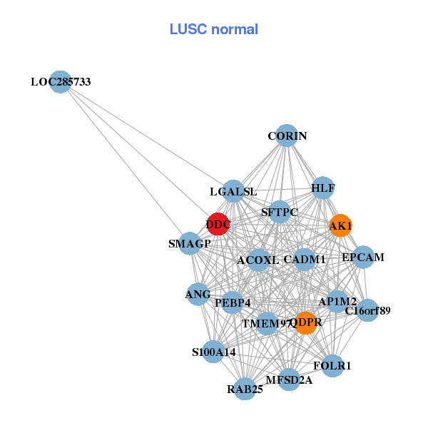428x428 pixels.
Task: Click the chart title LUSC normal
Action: tap(213, 30)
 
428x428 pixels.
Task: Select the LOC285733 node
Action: tap(61, 82)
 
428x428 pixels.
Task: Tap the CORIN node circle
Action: tap(286, 136)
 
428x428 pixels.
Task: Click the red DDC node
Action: tap(218, 224)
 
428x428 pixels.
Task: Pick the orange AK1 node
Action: tap(340, 225)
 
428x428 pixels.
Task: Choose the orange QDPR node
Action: tap(305, 322)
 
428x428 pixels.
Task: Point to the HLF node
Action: tap(322, 188)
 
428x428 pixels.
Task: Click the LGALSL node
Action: tap(233, 191)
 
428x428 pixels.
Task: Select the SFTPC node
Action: tap(280, 212)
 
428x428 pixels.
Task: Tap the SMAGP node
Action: tap(190, 243)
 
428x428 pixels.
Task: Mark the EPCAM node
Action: tap(362, 257)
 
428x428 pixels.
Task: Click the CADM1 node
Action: tap(305, 259)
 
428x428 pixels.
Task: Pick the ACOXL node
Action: tap(258, 260)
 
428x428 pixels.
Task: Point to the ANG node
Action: tap(198, 293)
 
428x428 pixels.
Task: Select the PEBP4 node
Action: tap(232, 302)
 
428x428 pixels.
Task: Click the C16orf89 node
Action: tap(367, 310)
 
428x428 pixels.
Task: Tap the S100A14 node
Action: tap(213, 352)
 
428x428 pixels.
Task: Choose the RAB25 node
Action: tap(245, 389)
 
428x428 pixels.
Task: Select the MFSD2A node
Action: tap(289, 379)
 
